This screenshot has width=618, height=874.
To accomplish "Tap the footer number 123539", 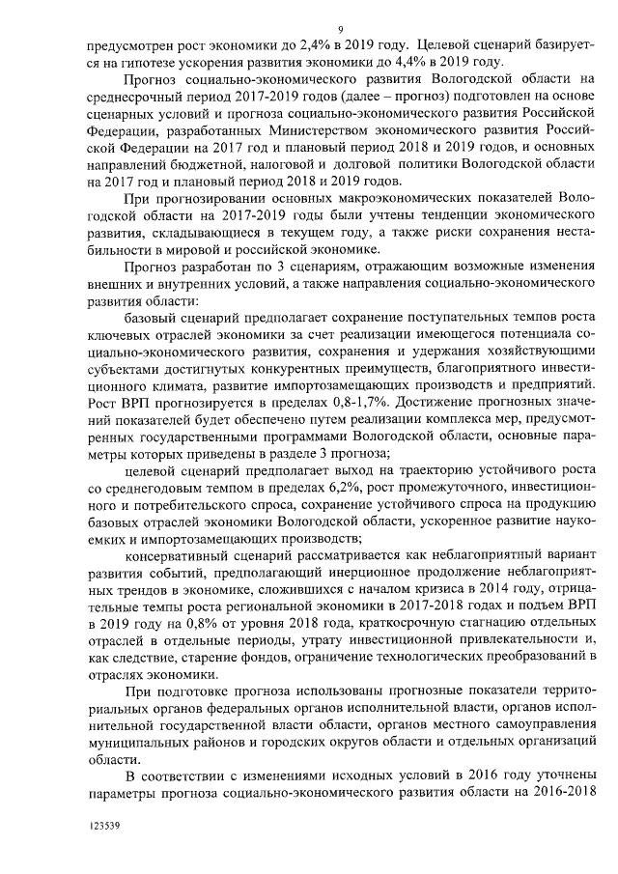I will tap(105, 827).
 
